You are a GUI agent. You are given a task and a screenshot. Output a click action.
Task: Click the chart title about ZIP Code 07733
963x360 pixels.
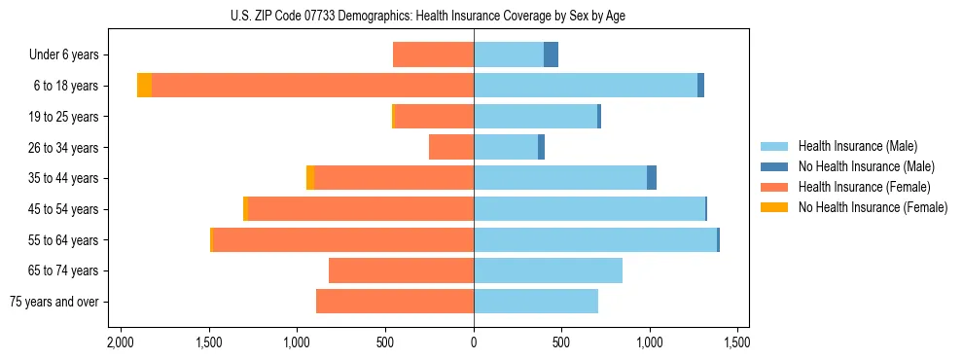click(474, 16)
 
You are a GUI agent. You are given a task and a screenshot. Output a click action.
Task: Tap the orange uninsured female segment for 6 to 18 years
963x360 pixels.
click(144, 86)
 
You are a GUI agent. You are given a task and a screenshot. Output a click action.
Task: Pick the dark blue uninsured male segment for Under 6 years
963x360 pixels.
click(551, 54)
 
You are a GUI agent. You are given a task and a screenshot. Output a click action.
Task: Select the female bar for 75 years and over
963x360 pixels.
click(395, 302)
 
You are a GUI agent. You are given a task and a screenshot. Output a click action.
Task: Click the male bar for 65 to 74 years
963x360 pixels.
click(548, 270)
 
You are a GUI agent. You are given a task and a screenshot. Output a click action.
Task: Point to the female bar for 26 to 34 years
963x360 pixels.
click(451, 147)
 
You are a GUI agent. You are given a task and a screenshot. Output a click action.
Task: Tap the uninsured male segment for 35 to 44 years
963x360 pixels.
click(652, 178)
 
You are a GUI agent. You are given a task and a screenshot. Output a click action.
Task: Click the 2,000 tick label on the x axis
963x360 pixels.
click(121, 342)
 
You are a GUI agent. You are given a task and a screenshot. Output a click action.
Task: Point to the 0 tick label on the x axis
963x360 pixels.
click(474, 342)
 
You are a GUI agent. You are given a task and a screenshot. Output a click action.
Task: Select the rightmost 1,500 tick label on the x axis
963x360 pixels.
click(737, 342)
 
